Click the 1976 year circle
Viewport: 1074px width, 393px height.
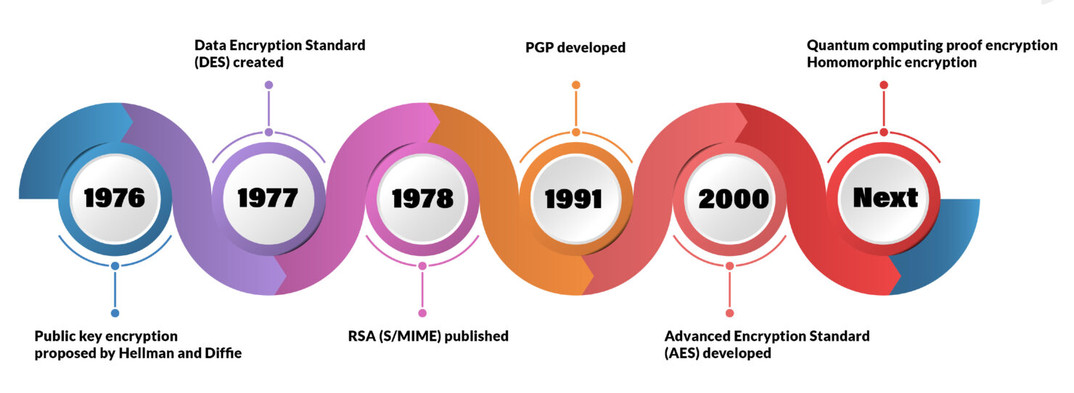click(115, 198)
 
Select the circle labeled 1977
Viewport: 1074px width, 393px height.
click(268, 198)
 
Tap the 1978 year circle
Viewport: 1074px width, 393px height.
click(422, 198)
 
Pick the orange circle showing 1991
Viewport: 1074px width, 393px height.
click(575, 198)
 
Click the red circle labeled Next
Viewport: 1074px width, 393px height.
click(884, 198)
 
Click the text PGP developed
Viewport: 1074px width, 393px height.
click(575, 48)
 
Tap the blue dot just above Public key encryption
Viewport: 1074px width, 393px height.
click(115, 313)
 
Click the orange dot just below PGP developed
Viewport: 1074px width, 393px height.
click(575, 85)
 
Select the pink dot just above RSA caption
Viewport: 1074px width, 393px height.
click(422, 313)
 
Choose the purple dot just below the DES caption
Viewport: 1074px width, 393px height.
click(268, 85)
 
